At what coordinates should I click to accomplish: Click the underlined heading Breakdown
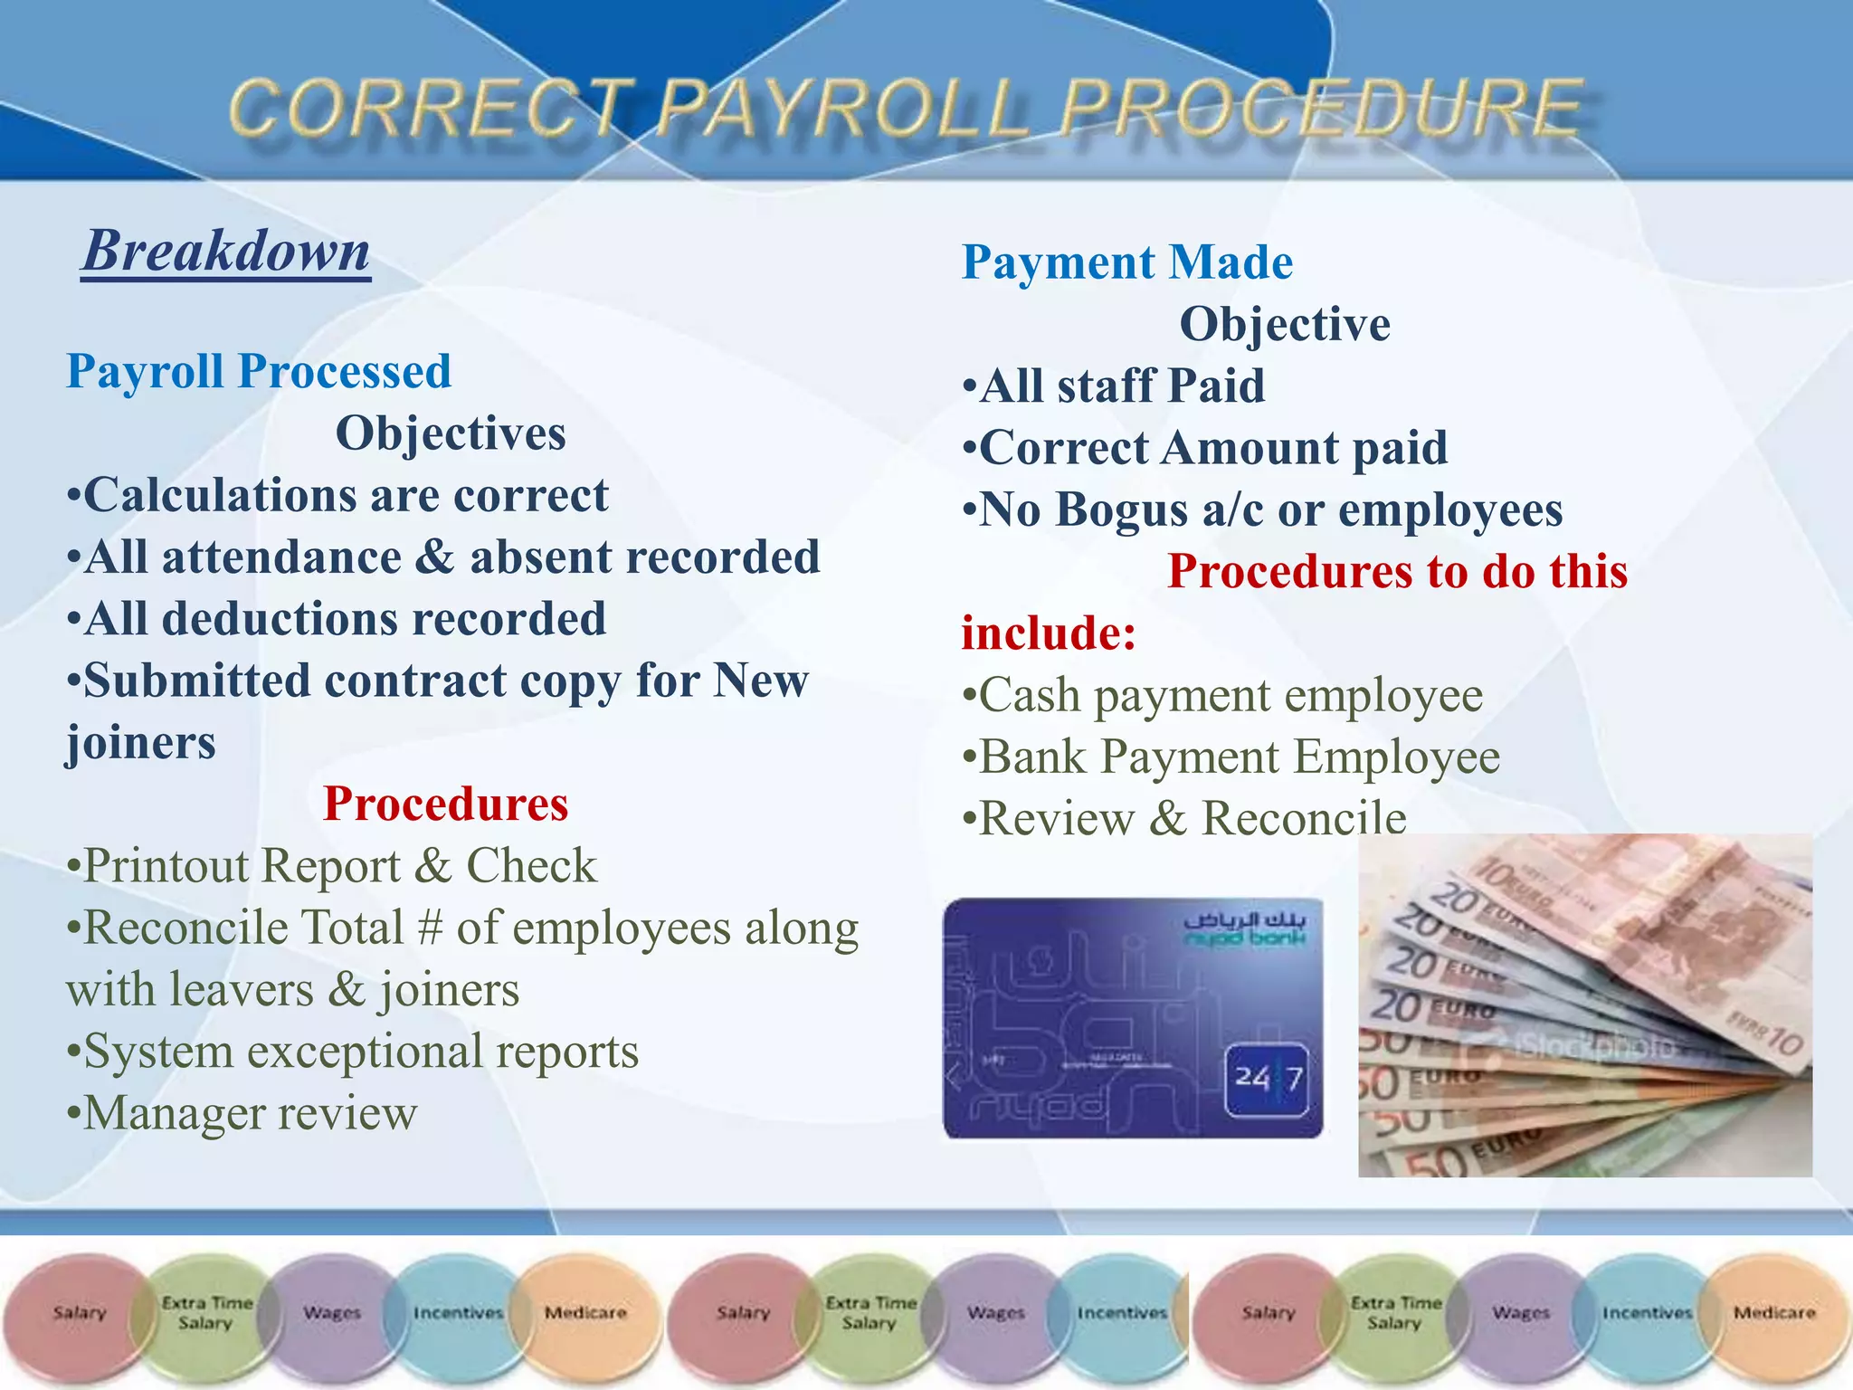(x=226, y=251)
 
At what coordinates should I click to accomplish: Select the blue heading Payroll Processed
(x=259, y=371)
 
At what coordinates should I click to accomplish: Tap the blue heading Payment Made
(x=1127, y=262)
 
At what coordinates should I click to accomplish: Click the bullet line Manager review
(x=242, y=1113)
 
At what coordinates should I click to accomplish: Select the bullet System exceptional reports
(x=353, y=1052)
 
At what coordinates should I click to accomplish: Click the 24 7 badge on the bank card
(x=1269, y=1079)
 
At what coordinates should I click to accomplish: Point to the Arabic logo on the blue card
(x=1245, y=928)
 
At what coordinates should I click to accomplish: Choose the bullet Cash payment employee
(x=1222, y=696)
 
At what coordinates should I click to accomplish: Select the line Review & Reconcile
(x=1184, y=819)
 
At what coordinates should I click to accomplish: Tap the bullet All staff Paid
(x=1114, y=386)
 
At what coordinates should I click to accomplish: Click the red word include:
(x=1049, y=633)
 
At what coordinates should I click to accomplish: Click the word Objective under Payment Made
(x=1285, y=324)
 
